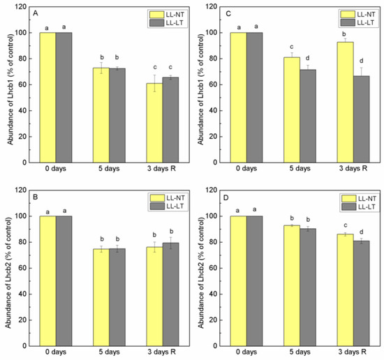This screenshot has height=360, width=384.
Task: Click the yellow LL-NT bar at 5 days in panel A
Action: pyautogui.click(x=101, y=115)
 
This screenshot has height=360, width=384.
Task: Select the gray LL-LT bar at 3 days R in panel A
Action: pyautogui.click(x=170, y=120)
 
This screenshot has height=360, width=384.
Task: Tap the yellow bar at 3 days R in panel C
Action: pyautogui.click(x=346, y=103)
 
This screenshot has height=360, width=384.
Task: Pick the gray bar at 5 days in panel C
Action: pyautogui.click(x=308, y=116)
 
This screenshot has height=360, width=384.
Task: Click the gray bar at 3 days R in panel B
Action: pyautogui.click(x=170, y=294)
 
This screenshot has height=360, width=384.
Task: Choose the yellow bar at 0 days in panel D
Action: pyautogui.click(x=238, y=281)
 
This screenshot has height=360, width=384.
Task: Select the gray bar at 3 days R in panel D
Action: pyautogui.click(x=361, y=294)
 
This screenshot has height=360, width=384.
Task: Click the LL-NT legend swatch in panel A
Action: pyautogui.click(x=156, y=15)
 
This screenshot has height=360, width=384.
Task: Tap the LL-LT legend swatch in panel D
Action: pyautogui.click(x=348, y=207)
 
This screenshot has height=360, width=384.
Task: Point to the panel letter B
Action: pyautogui.click(x=36, y=197)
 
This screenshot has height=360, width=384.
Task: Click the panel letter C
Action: pyautogui.click(x=228, y=13)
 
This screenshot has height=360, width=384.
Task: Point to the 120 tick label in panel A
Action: pyautogui.click(x=21, y=7)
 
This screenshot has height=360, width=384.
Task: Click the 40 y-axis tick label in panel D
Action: pyautogui.click(x=214, y=294)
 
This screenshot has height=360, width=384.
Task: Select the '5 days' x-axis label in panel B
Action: pyautogui.click(x=109, y=352)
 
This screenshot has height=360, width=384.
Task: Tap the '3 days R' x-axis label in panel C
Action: pyautogui.click(x=353, y=168)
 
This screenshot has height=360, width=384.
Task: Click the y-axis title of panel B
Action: pyautogui.click(x=8, y=273)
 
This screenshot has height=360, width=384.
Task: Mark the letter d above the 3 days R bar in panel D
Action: pyautogui.click(x=361, y=232)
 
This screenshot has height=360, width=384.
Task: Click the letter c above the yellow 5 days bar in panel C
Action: pyautogui.click(x=292, y=47)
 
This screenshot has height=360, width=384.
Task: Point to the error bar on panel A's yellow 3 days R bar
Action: pyautogui.click(x=154, y=83)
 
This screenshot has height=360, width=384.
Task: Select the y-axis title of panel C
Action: pyautogui.click(x=200, y=89)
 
